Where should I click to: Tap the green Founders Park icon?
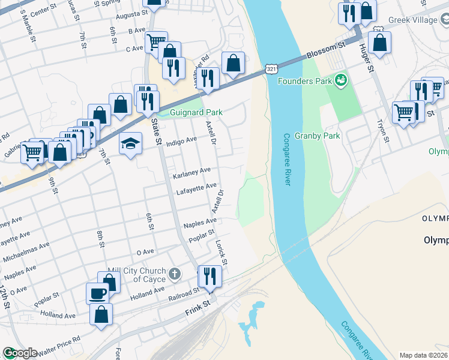point(341,79)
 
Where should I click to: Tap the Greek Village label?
point(414,20)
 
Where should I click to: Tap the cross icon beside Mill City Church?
point(174,274)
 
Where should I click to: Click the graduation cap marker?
point(130,144)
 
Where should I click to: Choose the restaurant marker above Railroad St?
point(209,275)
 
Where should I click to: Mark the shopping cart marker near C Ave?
point(156,41)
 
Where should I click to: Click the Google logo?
point(19,353)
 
